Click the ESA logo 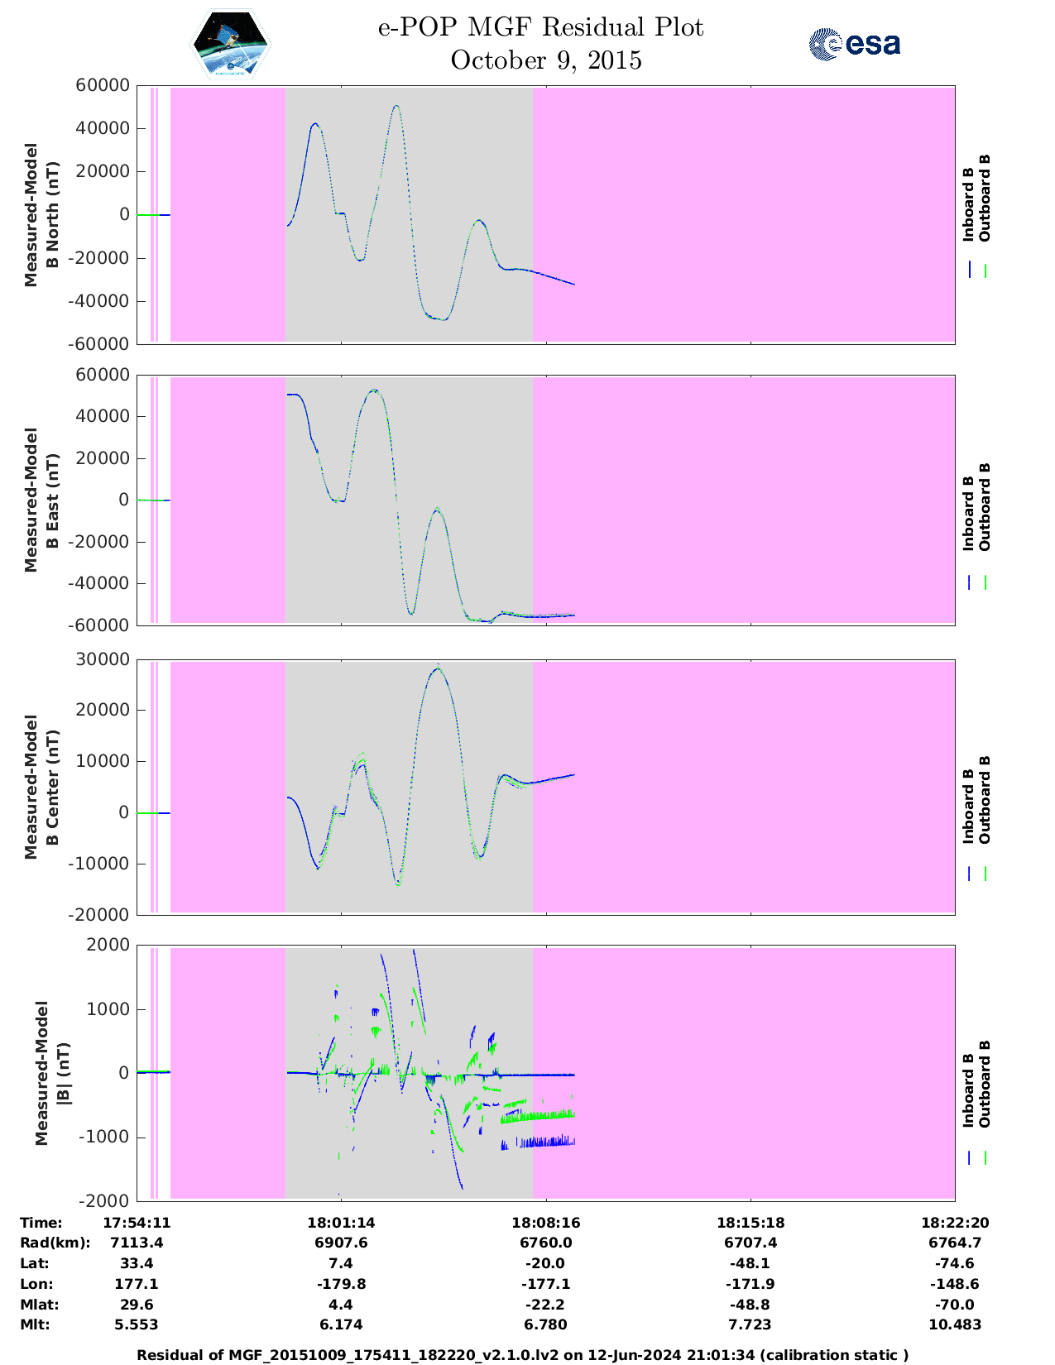[854, 44]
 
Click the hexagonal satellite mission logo [231, 45]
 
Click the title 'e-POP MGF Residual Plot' [540, 27]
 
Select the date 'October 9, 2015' [546, 60]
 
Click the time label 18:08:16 [545, 1223]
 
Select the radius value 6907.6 [340, 1243]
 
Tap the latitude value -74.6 [955, 1263]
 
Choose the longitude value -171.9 [750, 1284]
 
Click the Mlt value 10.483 [955, 1324]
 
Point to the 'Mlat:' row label [37, 1305]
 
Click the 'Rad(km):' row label [55, 1243]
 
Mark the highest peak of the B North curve [397, 106]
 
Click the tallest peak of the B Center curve [437, 668]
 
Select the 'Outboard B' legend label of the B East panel [985, 507]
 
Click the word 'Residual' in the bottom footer [170, 1355]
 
